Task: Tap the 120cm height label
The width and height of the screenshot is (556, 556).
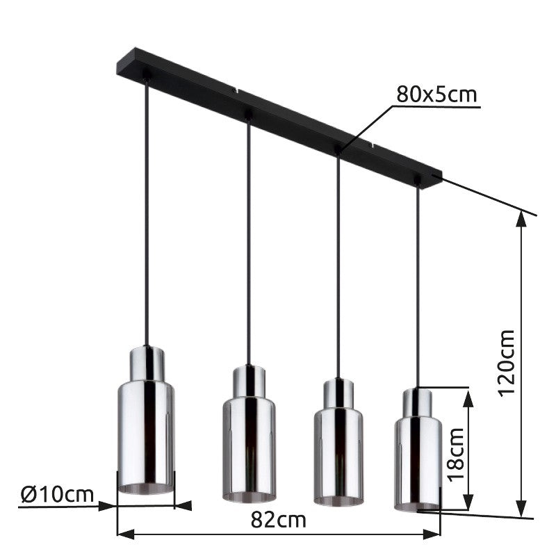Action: point(507,363)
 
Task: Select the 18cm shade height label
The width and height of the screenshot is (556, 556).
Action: point(456,455)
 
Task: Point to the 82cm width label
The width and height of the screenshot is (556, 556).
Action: point(279,519)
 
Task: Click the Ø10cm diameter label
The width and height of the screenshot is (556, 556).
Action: point(57,494)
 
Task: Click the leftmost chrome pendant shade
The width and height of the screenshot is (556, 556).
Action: point(146,420)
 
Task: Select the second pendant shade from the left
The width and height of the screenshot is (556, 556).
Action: point(249,434)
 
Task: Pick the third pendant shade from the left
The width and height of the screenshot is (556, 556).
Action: point(338,442)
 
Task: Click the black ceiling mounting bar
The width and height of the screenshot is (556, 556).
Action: point(279,117)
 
